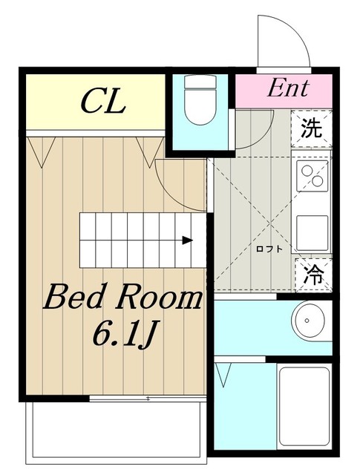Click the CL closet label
104,101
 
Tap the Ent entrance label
288,88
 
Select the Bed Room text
122,297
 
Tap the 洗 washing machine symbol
312,128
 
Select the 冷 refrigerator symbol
314,275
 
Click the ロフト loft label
269,249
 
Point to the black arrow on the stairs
188,240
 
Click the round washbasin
307,320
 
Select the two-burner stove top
312,176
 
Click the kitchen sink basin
312,232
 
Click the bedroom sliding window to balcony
148,399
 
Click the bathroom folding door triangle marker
223,375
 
